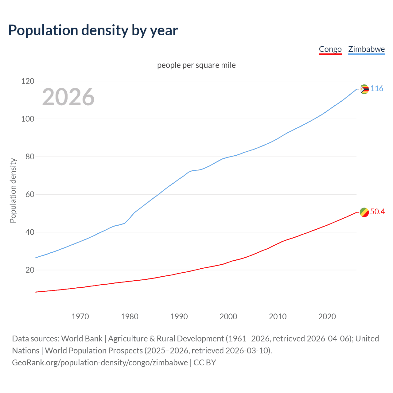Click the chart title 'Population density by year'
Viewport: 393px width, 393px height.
coord(93,30)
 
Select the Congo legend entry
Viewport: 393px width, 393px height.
coord(330,49)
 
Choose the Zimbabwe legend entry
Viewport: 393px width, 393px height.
coord(366,49)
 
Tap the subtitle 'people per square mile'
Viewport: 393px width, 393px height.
coord(196,65)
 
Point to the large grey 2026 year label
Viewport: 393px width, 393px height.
coord(68,97)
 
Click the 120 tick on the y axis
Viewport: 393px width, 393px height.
coord(28,81)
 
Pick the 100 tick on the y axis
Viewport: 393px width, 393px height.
coord(28,119)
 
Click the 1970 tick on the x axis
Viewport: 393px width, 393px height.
coord(80,317)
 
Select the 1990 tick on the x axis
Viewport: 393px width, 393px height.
coord(179,317)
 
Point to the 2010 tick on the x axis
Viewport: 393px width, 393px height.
coord(278,317)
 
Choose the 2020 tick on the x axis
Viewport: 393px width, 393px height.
coord(327,317)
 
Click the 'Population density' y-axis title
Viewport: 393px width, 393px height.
coord(13,190)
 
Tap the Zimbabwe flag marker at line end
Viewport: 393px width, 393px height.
coord(364,89)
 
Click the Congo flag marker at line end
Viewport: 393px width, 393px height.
coord(364,212)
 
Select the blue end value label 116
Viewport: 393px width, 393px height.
coord(377,89)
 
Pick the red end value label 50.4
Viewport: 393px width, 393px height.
coord(377,212)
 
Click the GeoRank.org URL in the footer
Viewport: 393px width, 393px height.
coord(100,363)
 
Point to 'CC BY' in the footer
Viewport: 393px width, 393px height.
coord(205,363)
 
